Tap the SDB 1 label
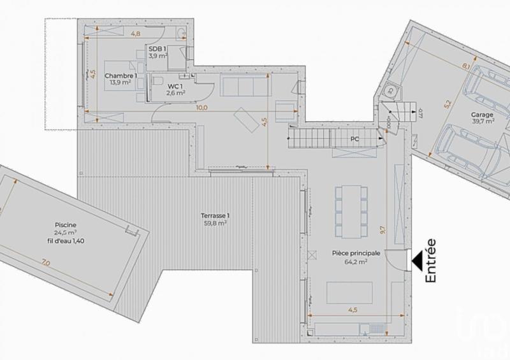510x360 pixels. pyautogui.click(x=157, y=48)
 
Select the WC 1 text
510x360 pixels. pyautogui.click(x=176, y=86)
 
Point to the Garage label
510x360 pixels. pyautogui.click(x=482, y=115)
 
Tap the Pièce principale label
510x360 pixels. pyautogui.click(x=356, y=253)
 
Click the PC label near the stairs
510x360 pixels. pyautogui.click(x=354, y=138)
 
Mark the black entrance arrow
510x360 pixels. pyautogui.click(x=418, y=260)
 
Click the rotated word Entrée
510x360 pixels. pyautogui.click(x=430, y=260)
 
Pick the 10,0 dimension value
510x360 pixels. pyautogui.click(x=201, y=108)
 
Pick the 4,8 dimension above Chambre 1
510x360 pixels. pyautogui.click(x=135, y=32)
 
